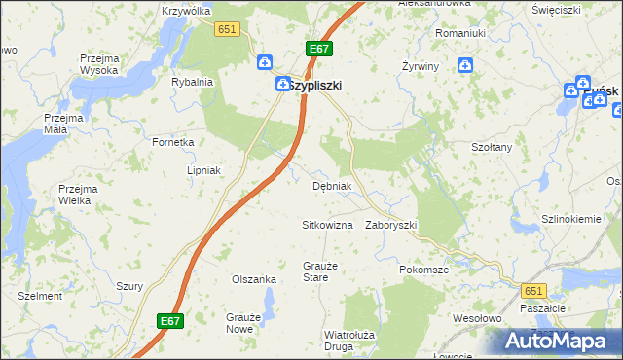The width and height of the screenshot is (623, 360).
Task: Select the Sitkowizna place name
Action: (326, 225)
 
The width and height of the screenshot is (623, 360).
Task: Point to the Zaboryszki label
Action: (390, 225)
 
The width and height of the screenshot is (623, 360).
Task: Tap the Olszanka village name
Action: (254, 279)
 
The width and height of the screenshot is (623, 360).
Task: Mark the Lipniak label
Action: (205, 169)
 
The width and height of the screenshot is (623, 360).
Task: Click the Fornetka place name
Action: (173, 142)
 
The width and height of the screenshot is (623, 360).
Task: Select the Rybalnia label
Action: (192, 83)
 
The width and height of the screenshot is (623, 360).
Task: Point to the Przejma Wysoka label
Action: (99, 64)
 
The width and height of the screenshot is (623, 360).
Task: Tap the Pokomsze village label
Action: (423, 269)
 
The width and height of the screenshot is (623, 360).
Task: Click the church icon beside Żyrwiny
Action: (466, 65)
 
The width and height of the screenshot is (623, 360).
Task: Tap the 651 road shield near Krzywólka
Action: (228, 30)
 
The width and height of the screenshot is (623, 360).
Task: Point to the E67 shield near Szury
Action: (169, 320)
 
